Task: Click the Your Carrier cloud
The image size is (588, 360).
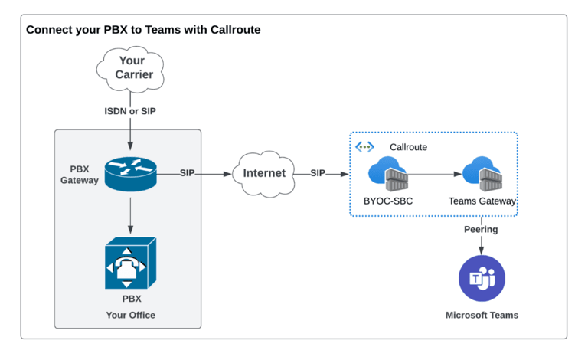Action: pyautogui.click(x=131, y=67)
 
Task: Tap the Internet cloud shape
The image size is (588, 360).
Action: pyautogui.click(x=264, y=173)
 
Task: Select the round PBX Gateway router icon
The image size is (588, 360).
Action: pyautogui.click(x=130, y=174)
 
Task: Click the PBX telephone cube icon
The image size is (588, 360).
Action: pyautogui.click(x=130, y=263)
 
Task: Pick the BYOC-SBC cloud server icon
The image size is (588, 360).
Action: pyautogui.click(x=388, y=175)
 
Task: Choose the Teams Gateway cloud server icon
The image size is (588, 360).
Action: pyautogui.click(x=482, y=175)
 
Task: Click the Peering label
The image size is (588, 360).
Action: pyautogui.click(x=481, y=229)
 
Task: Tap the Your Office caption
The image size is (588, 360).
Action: pyautogui.click(x=130, y=315)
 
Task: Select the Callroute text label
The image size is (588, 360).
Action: pyautogui.click(x=408, y=147)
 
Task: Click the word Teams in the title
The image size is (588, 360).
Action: pyautogui.click(x=160, y=31)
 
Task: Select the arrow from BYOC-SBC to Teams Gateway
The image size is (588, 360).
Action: pyautogui.click(x=435, y=175)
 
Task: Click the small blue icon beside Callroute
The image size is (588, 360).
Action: pyautogui.click(x=364, y=147)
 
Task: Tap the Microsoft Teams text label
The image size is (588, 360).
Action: pyautogui.click(x=482, y=315)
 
